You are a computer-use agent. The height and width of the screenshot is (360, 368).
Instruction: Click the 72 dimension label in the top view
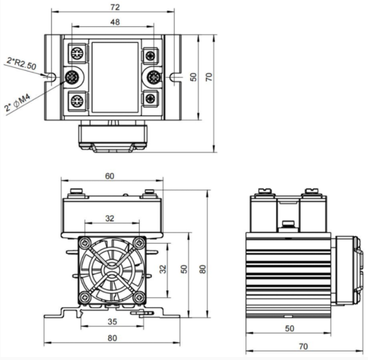114,7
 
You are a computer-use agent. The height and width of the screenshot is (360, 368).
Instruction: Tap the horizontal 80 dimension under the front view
111,337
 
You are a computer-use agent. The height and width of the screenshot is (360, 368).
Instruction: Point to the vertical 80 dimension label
202,269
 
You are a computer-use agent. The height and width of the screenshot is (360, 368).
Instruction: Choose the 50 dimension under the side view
290,328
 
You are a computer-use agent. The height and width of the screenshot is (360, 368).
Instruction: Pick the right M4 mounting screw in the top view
155,77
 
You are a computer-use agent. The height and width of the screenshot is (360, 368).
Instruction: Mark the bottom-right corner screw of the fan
139,297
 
